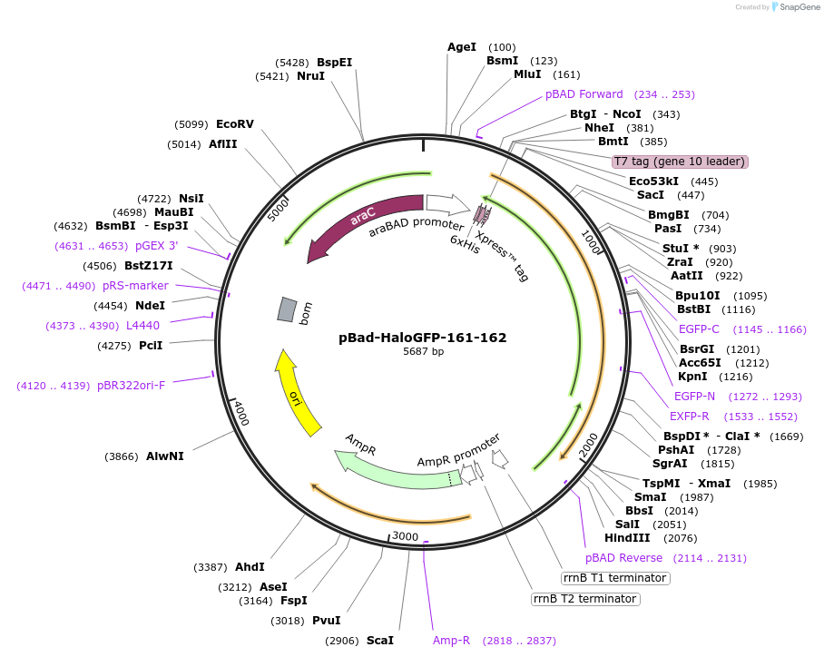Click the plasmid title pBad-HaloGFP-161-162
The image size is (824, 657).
(x=422, y=338)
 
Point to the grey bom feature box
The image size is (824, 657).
(x=287, y=309)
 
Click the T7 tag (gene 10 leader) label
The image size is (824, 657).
(x=680, y=162)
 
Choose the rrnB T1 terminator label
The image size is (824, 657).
(x=615, y=578)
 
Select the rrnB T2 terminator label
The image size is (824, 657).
(x=584, y=599)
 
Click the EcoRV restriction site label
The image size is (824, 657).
(x=235, y=124)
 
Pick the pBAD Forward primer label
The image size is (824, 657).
(x=584, y=94)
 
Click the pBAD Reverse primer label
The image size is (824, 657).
(x=623, y=558)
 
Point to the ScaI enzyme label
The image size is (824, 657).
(x=380, y=641)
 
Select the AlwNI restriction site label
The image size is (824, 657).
(x=165, y=456)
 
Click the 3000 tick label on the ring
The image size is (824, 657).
(x=405, y=536)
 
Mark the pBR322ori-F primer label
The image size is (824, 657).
(x=130, y=386)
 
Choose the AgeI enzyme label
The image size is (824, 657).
(x=462, y=47)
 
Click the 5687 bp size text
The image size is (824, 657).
(x=423, y=352)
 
